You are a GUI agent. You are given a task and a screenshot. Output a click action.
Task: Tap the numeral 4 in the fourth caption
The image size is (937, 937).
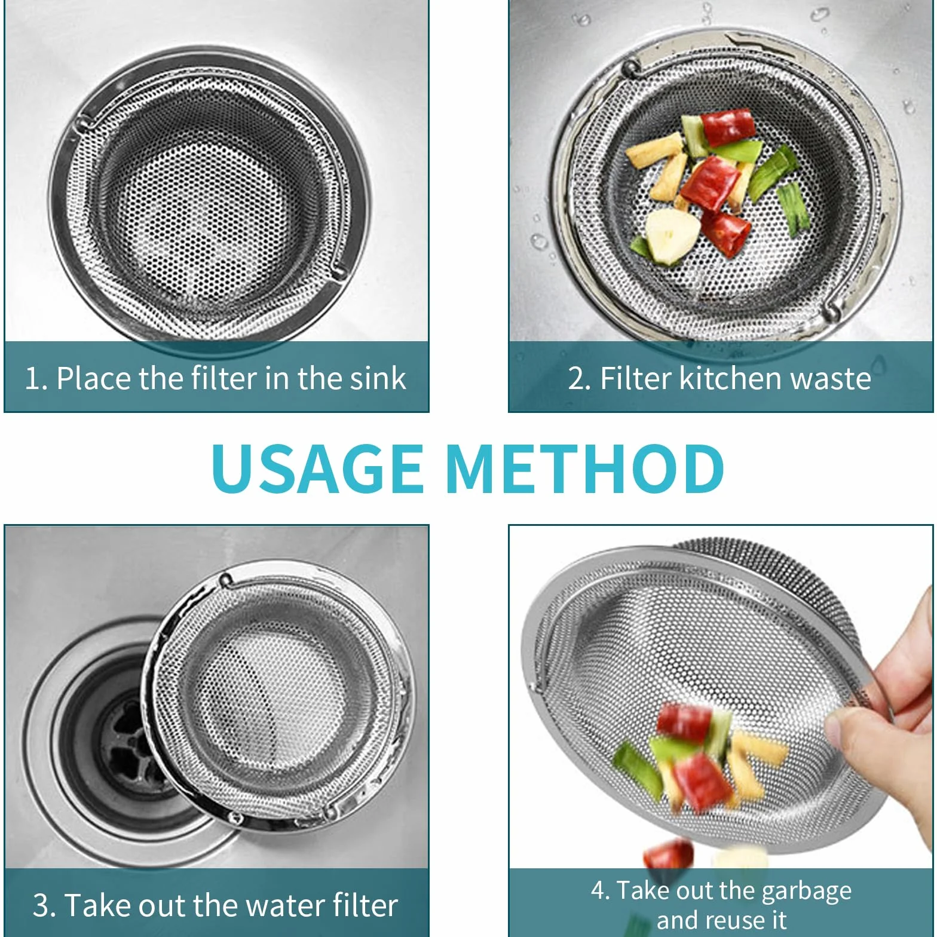[599, 890]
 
